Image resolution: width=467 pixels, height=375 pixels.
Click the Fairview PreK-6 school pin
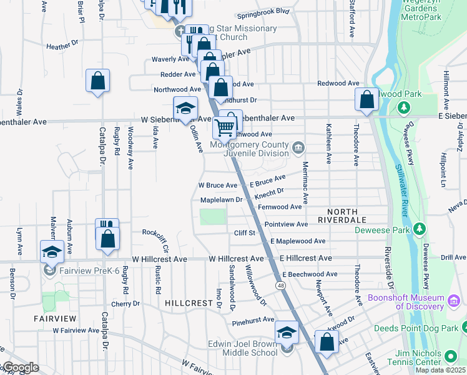[x=49, y=270]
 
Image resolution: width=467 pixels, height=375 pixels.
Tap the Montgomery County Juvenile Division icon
[x=298, y=148]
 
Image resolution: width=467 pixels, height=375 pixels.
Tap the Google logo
[x=21, y=367]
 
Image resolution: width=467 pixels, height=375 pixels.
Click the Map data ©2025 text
[x=441, y=370]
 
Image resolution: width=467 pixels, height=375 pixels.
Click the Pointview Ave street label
[x=286, y=224]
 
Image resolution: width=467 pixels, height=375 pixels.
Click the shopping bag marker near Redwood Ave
[x=366, y=99]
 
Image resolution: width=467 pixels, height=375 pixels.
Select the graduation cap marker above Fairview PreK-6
[x=51, y=251]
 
